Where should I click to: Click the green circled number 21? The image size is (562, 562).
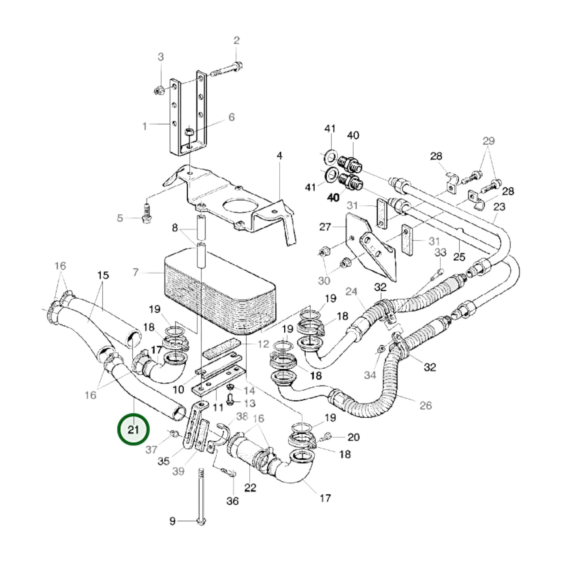(x=133, y=429)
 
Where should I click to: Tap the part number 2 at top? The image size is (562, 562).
(x=236, y=40)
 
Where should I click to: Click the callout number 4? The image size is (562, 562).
(x=279, y=156)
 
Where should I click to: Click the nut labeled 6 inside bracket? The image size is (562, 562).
(x=188, y=132)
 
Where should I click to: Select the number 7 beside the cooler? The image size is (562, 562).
(x=135, y=272)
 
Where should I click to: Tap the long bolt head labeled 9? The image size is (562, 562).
(x=202, y=522)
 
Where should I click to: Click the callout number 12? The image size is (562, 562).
(x=263, y=344)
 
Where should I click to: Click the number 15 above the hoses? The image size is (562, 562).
(x=103, y=275)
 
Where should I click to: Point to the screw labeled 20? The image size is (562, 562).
(x=328, y=436)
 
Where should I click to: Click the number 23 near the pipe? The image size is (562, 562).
(x=499, y=207)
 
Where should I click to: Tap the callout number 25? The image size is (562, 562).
(x=459, y=257)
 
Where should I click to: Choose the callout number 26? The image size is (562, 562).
(x=425, y=405)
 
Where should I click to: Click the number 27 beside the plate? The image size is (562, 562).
(x=325, y=227)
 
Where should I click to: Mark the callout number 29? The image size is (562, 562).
(x=488, y=141)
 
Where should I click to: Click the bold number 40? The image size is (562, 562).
(x=333, y=198)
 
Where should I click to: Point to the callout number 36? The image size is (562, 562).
(x=232, y=501)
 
